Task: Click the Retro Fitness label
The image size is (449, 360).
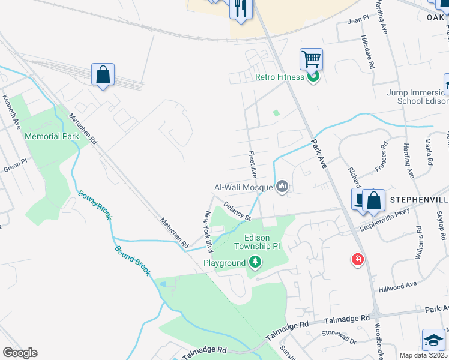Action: (280, 77)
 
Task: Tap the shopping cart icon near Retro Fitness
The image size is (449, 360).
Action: (311, 59)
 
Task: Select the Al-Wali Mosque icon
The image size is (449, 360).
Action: (282, 188)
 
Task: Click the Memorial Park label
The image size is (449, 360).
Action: (52, 136)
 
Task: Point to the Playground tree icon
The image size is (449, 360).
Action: (255, 262)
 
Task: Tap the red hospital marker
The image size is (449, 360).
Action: (358, 259)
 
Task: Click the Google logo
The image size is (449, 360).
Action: (19, 353)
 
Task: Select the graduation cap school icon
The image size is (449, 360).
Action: (433, 340)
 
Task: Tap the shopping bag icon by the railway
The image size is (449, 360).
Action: (103, 74)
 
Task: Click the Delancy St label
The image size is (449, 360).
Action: (236, 211)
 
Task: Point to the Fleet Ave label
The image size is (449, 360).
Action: (253, 164)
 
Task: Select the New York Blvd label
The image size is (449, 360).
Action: (209, 231)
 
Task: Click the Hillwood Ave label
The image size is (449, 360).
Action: (397, 287)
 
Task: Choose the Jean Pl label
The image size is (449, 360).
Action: (358, 20)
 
